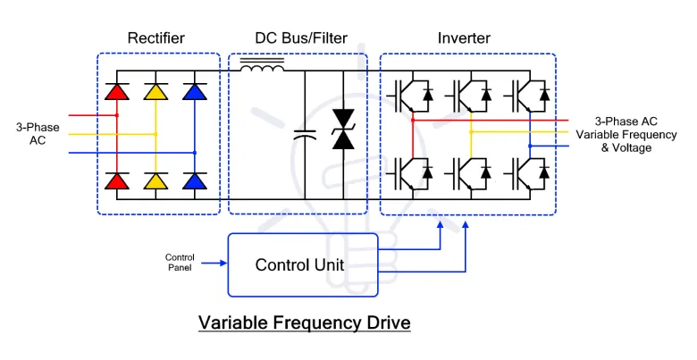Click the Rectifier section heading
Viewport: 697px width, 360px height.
tap(156, 38)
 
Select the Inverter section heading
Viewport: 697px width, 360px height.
tap(463, 38)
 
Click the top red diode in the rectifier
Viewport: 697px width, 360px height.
tap(117, 91)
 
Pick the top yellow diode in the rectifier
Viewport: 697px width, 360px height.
tap(155, 91)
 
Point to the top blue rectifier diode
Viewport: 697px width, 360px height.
tap(194, 91)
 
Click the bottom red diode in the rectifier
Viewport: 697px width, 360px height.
tap(117, 181)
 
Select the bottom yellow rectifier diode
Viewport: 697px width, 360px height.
tap(155, 181)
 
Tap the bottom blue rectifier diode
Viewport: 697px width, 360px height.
tap(194, 181)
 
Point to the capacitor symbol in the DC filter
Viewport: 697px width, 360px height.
tap(305, 136)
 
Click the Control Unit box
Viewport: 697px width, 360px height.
tap(299, 264)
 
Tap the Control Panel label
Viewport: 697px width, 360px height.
tap(180, 263)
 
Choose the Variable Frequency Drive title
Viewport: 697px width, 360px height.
tap(304, 322)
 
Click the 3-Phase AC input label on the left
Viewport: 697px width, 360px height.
tap(38, 134)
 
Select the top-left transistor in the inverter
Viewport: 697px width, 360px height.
tap(404, 92)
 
